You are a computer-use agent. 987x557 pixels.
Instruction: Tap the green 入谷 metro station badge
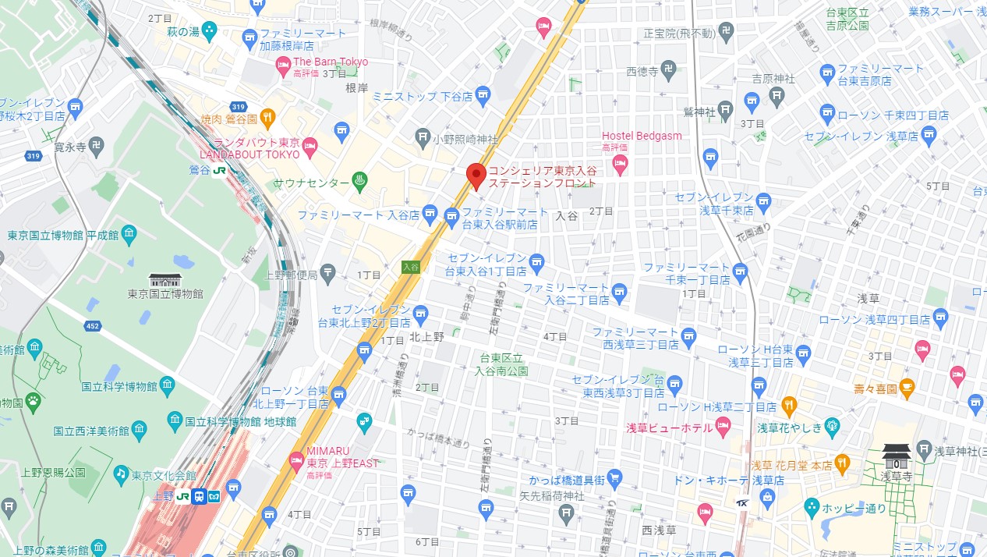click(x=411, y=267)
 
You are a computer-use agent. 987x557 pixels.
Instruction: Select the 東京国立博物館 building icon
click(x=165, y=279)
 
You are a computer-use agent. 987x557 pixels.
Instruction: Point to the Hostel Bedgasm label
click(x=642, y=136)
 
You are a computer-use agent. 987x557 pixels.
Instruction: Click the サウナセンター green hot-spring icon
click(x=360, y=183)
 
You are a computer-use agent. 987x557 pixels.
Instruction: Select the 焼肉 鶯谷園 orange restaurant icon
click(x=268, y=119)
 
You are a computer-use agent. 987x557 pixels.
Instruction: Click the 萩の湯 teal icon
click(x=209, y=31)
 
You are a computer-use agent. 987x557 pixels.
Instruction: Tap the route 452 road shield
click(x=93, y=325)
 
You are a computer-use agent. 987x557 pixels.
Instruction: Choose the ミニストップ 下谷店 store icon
click(x=483, y=96)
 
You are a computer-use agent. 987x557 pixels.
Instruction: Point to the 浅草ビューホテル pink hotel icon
click(x=723, y=428)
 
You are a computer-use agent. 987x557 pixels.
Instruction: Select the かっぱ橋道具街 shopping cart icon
click(x=614, y=478)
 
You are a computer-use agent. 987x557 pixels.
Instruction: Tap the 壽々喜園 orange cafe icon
click(x=906, y=387)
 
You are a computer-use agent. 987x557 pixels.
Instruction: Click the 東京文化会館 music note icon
click(x=121, y=474)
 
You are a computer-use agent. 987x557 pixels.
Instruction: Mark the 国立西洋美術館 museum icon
click(x=139, y=430)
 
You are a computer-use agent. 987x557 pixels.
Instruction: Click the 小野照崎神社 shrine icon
click(x=422, y=139)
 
